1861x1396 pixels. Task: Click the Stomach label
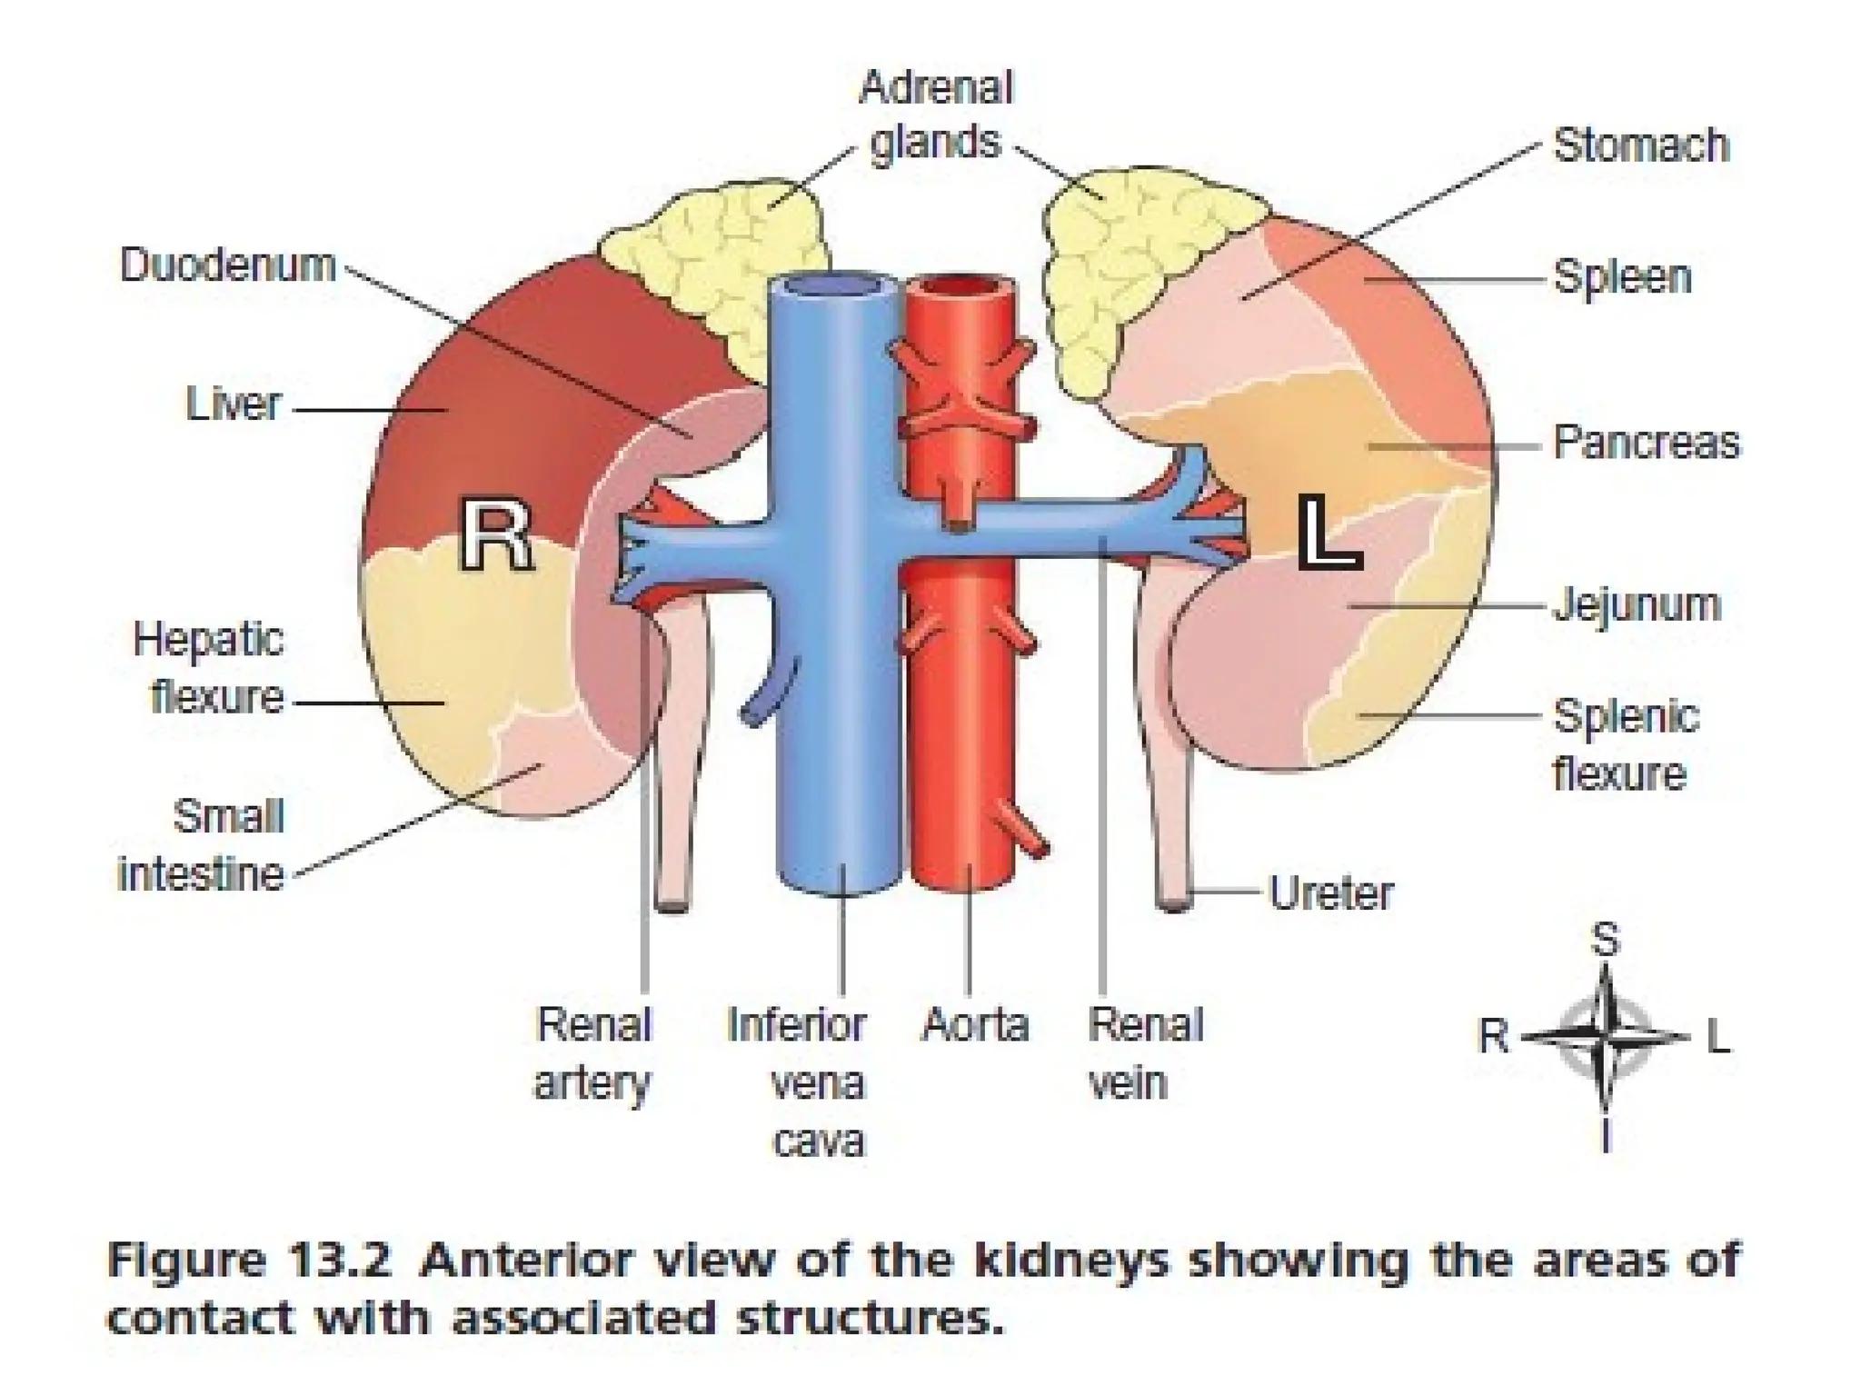[x=1640, y=145]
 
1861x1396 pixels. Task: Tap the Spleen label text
[x=1622, y=277]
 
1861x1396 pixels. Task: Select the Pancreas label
[x=1646, y=443]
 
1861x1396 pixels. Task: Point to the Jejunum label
[x=1637, y=604]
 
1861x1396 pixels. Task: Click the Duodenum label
[x=228, y=265]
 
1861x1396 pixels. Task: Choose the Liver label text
[x=234, y=404]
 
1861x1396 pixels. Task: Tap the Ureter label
[x=1330, y=893]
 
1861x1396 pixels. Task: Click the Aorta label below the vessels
[x=975, y=1025]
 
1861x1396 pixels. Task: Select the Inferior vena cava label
[x=798, y=1082]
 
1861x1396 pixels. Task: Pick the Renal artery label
[x=593, y=1053]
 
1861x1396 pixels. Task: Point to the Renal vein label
[x=1145, y=1053]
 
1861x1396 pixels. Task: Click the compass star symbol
[x=1605, y=1036]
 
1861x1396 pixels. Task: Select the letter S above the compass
[x=1606, y=939]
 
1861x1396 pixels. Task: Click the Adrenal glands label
[x=935, y=115]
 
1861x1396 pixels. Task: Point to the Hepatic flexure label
[x=209, y=669]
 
